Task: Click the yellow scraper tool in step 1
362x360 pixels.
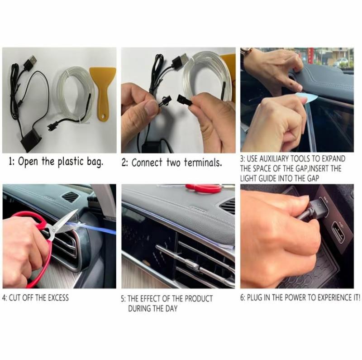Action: coord(102,88)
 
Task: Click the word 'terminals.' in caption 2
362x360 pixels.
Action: coord(203,163)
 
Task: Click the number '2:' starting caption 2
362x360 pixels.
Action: coord(125,163)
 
